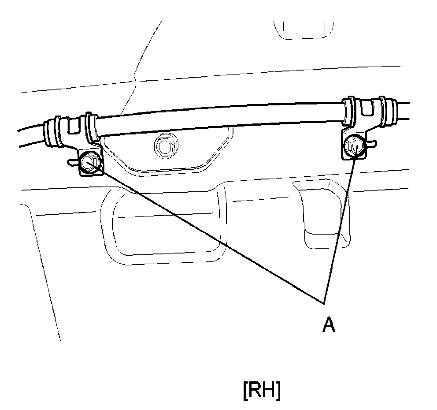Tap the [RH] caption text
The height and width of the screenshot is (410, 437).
pyautogui.click(x=261, y=391)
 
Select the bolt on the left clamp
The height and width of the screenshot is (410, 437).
pyautogui.click(x=90, y=162)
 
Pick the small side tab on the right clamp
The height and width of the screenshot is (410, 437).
pyautogui.click(x=373, y=142)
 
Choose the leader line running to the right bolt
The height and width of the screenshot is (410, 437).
pyautogui.click(x=339, y=225)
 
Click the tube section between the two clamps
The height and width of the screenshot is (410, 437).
pyautogui.click(x=220, y=118)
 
